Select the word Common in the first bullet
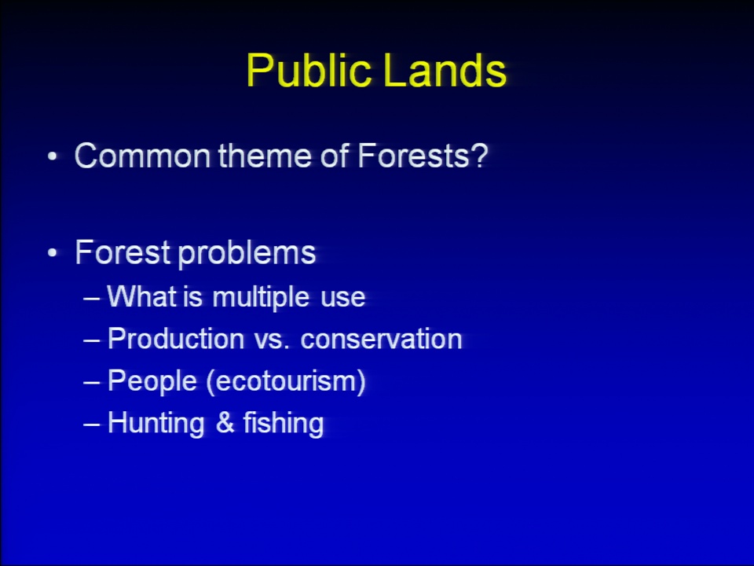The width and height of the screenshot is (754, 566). [x=143, y=156]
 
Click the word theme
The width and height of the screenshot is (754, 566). [x=265, y=156]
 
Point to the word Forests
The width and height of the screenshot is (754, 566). [x=413, y=156]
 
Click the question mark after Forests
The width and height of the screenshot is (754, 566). [x=479, y=155]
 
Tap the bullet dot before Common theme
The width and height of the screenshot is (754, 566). [x=53, y=156]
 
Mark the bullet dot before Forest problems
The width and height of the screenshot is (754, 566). [x=53, y=252]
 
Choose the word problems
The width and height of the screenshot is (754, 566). [x=247, y=254]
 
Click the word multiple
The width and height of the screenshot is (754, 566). [x=261, y=297]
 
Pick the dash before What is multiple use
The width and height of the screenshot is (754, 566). [x=91, y=299]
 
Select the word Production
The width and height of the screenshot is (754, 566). [x=176, y=338]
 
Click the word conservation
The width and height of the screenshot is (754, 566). [x=382, y=340]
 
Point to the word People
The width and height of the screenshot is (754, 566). [x=152, y=382]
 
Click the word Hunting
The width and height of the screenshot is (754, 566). [x=156, y=424]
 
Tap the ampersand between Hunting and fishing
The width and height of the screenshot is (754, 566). [x=225, y=423]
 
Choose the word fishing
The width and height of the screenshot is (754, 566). [x=284, y=424]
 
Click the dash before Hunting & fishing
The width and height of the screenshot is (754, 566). [x=91, y=424]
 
